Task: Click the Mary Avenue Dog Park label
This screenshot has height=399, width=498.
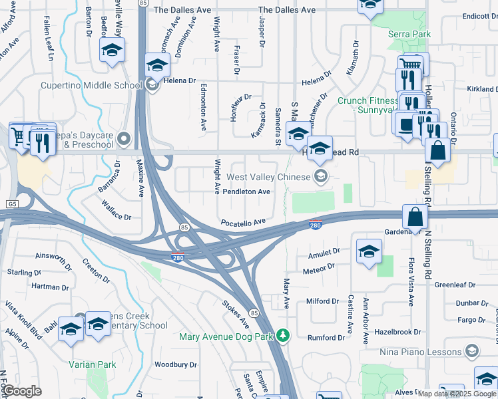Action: tap(227, 336)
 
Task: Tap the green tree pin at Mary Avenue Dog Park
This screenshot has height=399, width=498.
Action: tap(284, 335)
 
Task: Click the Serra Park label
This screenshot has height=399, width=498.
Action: tap(410, 34)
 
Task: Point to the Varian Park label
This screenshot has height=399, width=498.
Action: tap(92, 364)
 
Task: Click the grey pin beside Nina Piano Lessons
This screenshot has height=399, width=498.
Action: tap(472, 351)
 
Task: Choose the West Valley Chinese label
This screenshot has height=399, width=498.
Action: tap(268, 177)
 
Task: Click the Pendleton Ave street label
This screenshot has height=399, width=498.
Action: tap(246, 192)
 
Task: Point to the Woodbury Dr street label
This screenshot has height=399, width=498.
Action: tap(176, 364)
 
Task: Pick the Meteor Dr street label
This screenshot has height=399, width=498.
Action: tap(318, 267)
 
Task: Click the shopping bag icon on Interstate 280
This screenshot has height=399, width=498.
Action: tap(415, 217)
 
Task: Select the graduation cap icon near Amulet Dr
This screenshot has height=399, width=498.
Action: tap(369, 251)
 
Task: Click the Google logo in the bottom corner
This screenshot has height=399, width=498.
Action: tap(22, 392)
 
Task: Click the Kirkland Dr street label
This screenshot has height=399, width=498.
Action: tap(481, 89)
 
